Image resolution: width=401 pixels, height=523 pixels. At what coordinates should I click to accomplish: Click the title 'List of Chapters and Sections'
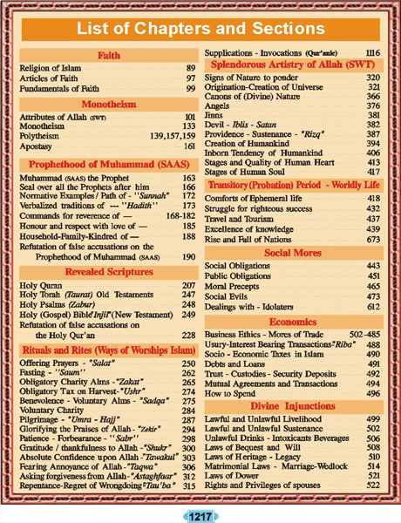pos(200,28)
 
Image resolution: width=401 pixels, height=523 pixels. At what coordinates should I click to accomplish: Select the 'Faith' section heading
pos(109,55)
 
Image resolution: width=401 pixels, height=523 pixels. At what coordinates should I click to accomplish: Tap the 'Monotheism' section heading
pos(109,104)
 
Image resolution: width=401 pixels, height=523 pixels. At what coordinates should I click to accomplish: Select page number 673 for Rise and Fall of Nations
pos(373,239)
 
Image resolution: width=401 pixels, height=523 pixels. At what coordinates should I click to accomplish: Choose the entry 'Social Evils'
pos(229,296)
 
